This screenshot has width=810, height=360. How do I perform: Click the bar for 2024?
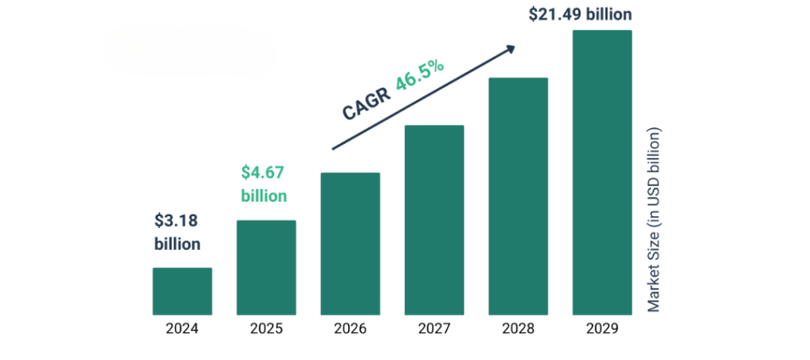[182, 292]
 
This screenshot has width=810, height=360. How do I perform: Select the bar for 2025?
[266, 268]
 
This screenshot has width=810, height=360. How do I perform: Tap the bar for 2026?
[350, 244]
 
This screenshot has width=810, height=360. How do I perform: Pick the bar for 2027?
[434, 221]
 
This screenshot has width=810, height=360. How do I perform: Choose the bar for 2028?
[518, 197]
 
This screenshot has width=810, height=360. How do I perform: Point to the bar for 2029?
[602, 173]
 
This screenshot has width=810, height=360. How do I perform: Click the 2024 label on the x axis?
[182, 329]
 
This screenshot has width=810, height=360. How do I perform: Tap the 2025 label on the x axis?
[266, 329]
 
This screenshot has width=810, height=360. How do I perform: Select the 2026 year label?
[350, 329]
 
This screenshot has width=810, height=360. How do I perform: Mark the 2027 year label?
[434, 329]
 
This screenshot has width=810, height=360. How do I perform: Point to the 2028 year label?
[518, 329]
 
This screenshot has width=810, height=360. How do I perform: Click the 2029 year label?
[602, 329]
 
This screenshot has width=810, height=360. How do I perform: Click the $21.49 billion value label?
[581, 13]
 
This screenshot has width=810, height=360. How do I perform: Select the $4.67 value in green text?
[262, 172]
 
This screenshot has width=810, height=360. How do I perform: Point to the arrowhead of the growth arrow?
[510, 49]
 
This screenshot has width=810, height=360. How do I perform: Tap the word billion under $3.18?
[177, 244]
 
